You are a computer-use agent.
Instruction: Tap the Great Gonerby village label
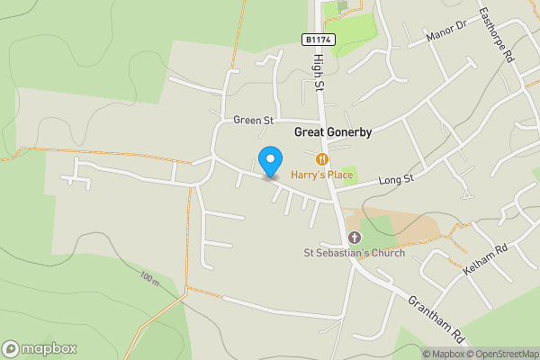coord(333,131)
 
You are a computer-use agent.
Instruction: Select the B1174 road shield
coord(319,40)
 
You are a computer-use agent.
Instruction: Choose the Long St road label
coord(395,180)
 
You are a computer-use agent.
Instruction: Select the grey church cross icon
coord(354,238)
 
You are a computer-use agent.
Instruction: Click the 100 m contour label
coord(149,280)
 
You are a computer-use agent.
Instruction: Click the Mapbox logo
coord(40,348)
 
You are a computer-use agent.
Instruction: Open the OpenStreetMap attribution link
coord(502,354)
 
